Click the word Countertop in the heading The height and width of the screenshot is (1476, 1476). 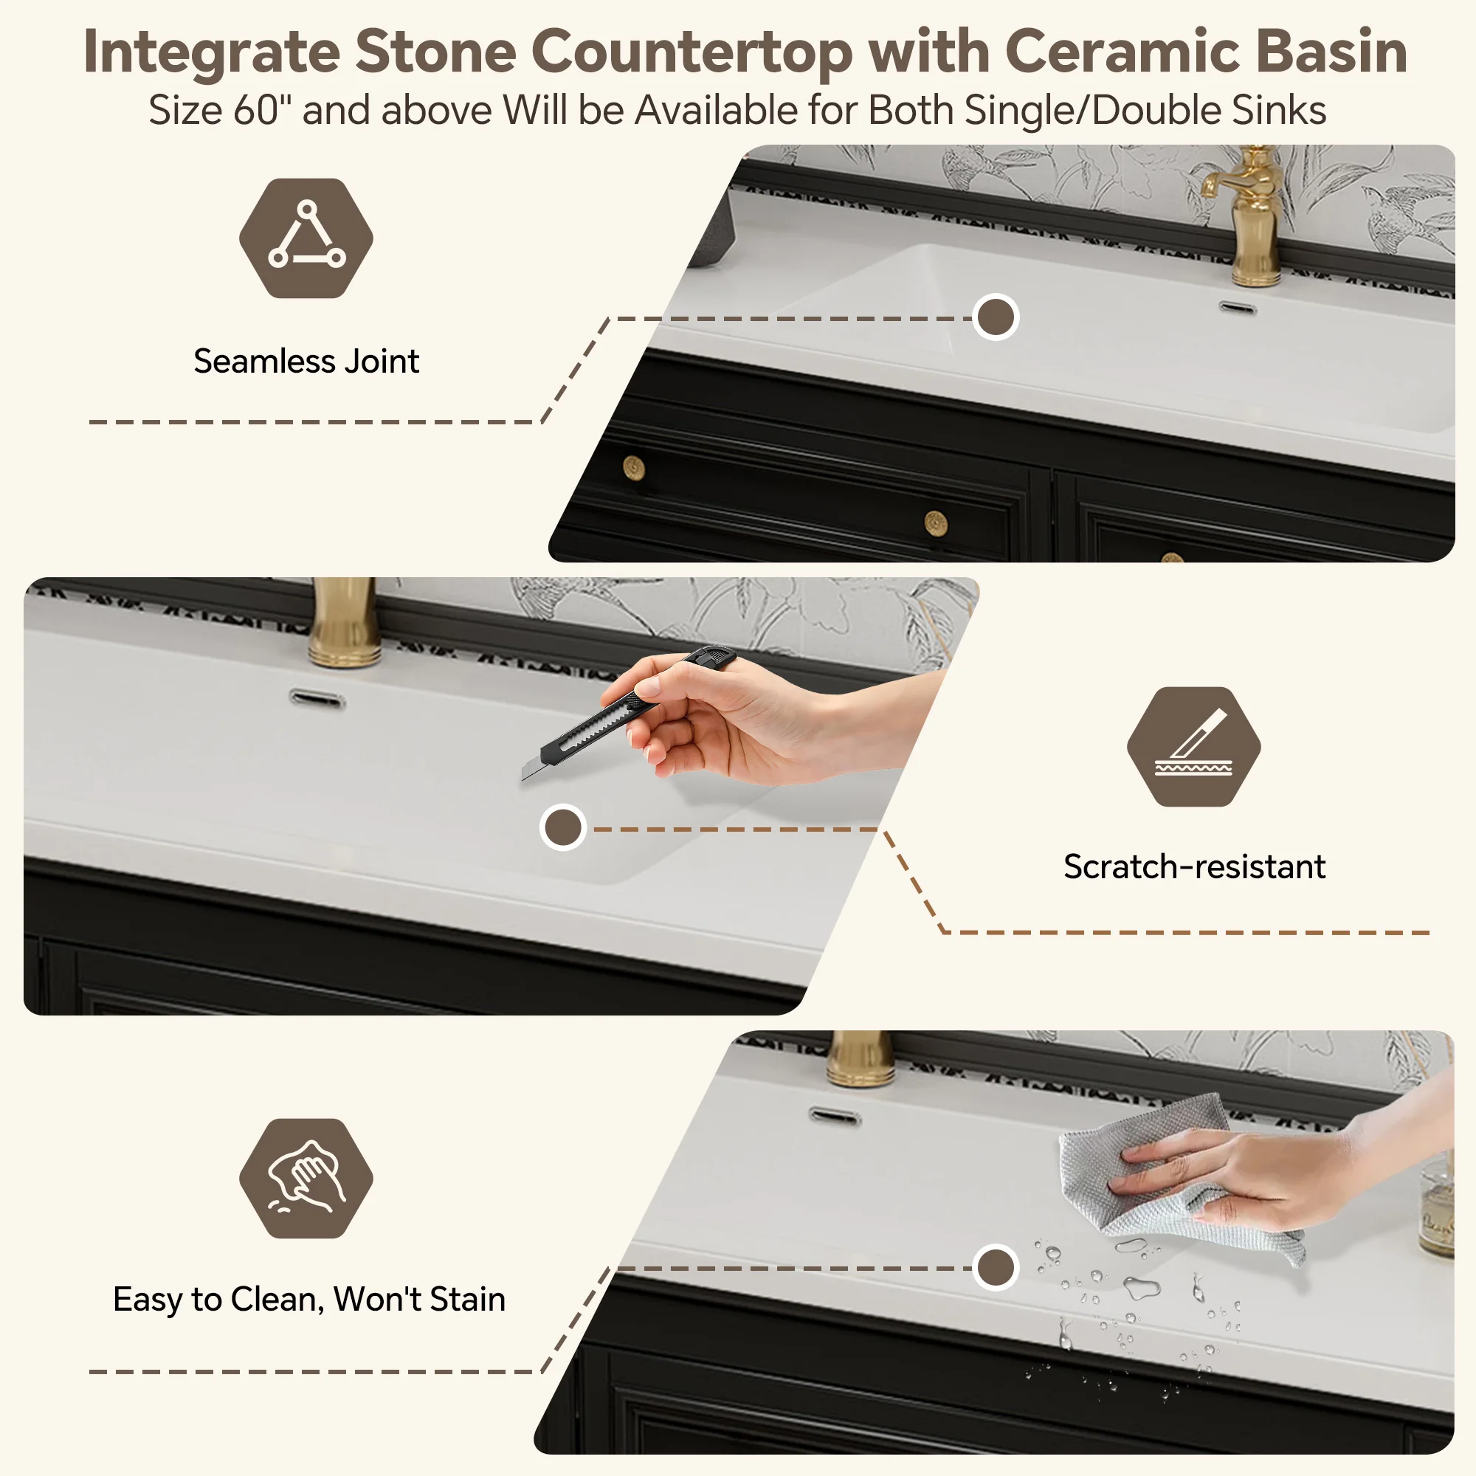(692, 52)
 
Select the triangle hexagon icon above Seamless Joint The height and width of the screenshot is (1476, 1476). (306, 238)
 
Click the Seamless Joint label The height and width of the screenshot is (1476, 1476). (306, 361)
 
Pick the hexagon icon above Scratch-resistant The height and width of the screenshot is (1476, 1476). (1194, 746)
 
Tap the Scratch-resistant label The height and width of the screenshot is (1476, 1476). (1194, 866)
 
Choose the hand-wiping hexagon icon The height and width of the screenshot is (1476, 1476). (306, 1178)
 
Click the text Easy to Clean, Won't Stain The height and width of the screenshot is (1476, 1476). (309, 1299)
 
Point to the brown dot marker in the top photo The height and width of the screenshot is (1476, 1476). (996, 317)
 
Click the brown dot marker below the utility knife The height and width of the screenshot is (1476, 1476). (563, 827)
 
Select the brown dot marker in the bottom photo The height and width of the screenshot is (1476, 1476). (996, 1267)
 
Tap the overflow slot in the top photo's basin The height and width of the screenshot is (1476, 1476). (1238, 308)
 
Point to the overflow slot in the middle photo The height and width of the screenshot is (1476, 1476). (317, 697)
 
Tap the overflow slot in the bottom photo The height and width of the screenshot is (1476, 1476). (835, 1117)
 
